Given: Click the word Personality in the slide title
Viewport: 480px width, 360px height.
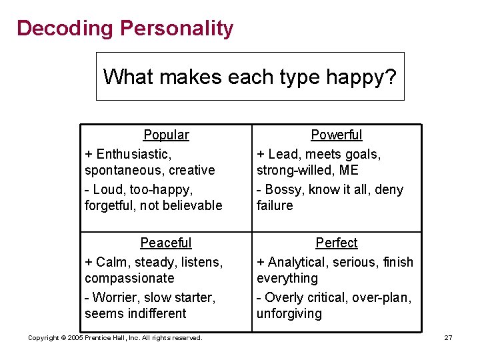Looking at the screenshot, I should click(x=177, y=29).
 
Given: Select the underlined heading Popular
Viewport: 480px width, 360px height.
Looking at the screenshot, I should click(x=166, y=135).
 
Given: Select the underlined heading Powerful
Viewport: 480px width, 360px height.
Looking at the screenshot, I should click(x=337, y=135).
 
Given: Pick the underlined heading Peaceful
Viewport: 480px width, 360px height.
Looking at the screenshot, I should click(x=165, y=243).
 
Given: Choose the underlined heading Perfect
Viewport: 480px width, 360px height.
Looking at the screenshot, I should click(x=337, y=243).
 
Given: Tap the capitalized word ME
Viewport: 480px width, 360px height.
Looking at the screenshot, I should click(x=349, y=170).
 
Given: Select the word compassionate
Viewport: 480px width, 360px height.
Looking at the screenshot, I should click(x=129, y=278).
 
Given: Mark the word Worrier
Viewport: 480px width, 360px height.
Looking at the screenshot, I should click(x=115, y=297).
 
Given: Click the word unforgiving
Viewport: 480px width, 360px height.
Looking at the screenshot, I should click(x=289, y=313).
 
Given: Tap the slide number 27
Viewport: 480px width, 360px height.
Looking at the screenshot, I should click(x=449, y=338).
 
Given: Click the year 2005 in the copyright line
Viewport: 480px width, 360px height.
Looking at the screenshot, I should click(x=75, y=338).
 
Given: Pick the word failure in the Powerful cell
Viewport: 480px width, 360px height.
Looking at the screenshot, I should click(x=275, y=205).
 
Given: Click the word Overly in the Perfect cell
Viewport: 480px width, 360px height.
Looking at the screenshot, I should click(x=285, y=297).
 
